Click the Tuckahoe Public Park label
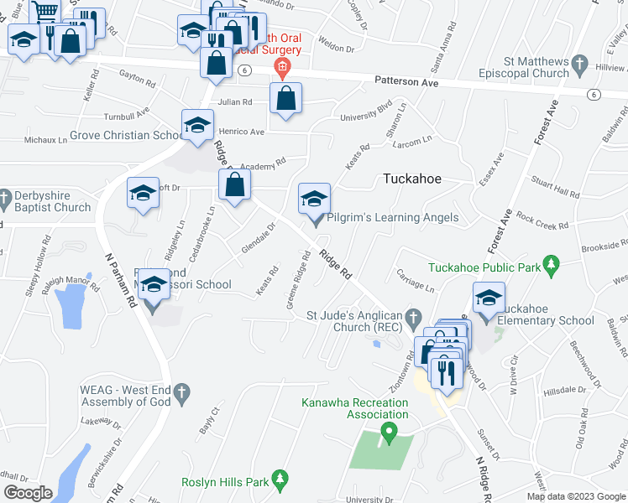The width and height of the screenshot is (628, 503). pyautogui.click(x=483, y=268)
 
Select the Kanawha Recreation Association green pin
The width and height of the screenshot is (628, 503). pyautogui.click(x=388, y=433)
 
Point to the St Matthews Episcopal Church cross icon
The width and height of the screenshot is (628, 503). pyautogui.click(x=579, y=64)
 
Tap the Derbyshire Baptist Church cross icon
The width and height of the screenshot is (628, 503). pyautogui.click(x=6, y=198)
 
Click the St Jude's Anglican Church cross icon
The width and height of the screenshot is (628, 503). pyautogui.click(x=412, y=318)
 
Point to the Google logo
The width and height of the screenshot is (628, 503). pyautogui.click(x=28, y=492)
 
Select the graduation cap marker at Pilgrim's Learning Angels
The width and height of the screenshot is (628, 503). pyautogui.click(x=315, y=200)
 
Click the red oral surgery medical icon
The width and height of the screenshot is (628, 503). pyautogui.click(x=283, y=66)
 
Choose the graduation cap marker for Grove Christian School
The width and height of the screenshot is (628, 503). pyautogui.click(x=197, y=126)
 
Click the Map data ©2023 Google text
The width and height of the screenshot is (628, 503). pyautogui.click(x=575, y=496)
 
